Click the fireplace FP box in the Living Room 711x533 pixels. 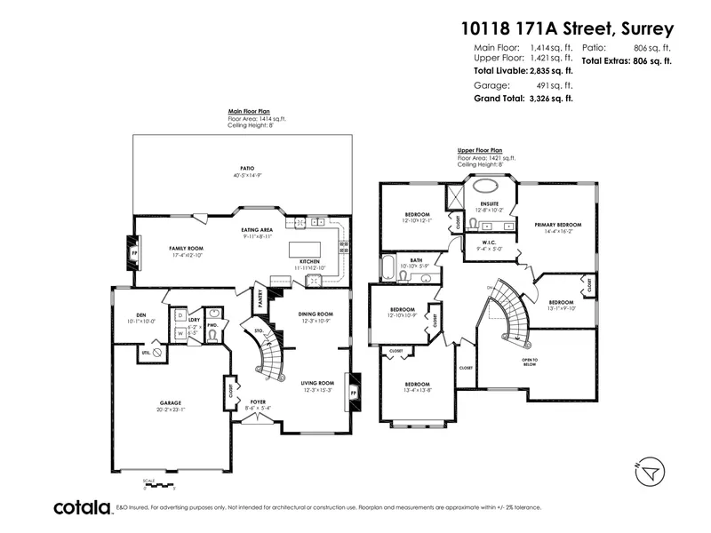(354, 390)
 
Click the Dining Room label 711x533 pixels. (315, 314)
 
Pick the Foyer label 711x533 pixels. (258, 402)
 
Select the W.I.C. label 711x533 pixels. (488, 244)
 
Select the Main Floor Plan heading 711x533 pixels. (249, 113)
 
